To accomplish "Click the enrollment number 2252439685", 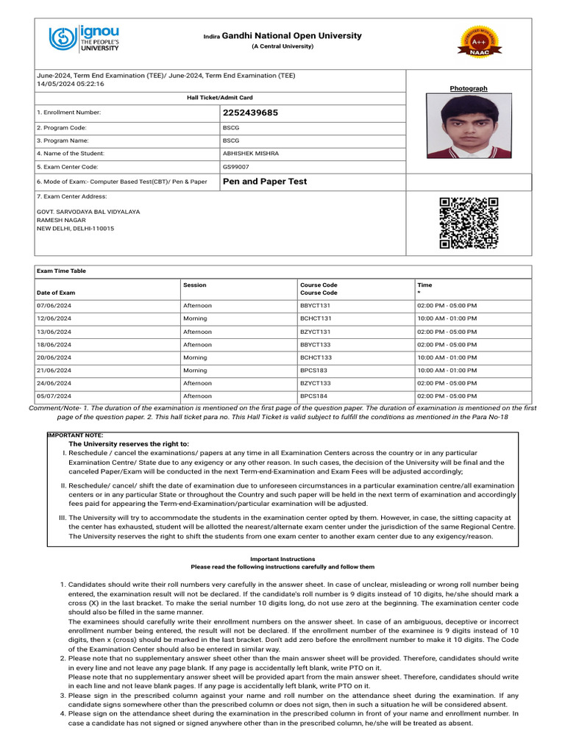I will coord(250,113).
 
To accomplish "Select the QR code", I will coord(469,223).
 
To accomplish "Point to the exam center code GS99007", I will coord(235,167).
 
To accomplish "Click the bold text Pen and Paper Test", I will coord(264,182).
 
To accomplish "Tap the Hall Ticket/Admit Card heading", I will coord(220,98).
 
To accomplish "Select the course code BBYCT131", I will coord(316,305).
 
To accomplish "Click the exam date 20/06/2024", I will coord(54,357).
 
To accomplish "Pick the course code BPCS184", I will coord(314,396).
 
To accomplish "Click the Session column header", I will coord(194,285).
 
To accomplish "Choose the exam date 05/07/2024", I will coord(54,396).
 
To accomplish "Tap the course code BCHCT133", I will coord(316,357).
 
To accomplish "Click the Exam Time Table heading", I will coord(61,271).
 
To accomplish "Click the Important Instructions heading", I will coord(282,559).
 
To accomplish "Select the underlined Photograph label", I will coord(469,88).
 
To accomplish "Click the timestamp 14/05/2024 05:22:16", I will coord(71,84).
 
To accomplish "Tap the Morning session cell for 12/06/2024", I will coord(195,318).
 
